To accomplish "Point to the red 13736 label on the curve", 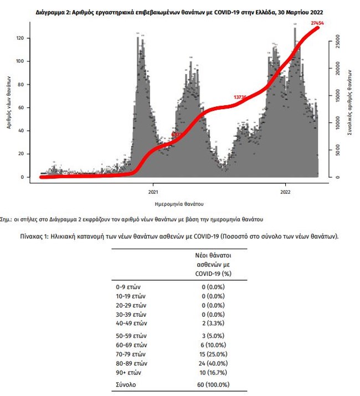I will coord(240,97).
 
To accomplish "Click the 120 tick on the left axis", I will coord(23,38).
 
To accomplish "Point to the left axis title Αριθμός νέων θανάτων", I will coord(9,102).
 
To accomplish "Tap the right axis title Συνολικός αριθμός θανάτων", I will coord(351,102).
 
